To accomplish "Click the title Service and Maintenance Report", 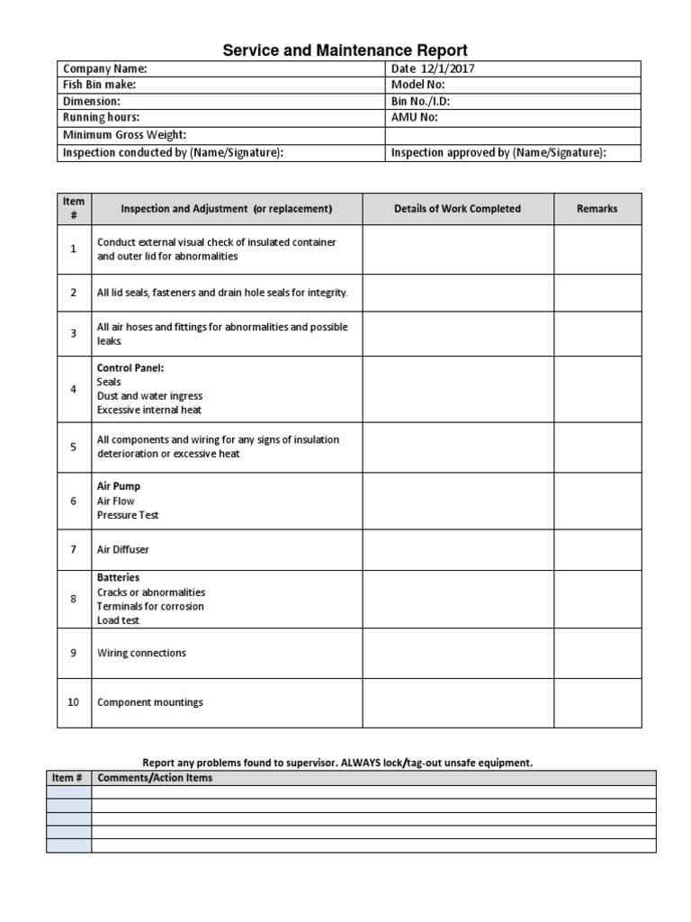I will click(x=345, y=50).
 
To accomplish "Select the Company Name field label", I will click(x=104, y=68).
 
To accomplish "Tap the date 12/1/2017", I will click(x=448, y=68).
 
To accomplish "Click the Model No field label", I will click(x=418, y=85).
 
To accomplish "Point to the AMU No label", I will click(x=415, y=118).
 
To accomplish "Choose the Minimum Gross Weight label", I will click(x=124, y=135).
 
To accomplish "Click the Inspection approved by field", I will click(x=498, y=152).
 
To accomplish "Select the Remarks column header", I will click(x=597, y=209).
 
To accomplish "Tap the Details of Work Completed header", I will click(x=457, y=209).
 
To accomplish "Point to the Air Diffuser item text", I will click(x=123, y=549).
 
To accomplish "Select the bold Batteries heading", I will click(x=118, y=577).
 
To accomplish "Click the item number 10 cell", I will click(x=74, y=702).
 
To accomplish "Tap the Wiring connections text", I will click(x=141, y=653).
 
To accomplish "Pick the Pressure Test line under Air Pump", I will click(x=128, y=515).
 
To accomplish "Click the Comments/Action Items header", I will click(x=155, y=777).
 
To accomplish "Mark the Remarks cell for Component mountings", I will click(x=597, y=702).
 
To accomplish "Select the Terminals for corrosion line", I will click(x=150, y=606).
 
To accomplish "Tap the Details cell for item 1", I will click(x=457, y=249).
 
